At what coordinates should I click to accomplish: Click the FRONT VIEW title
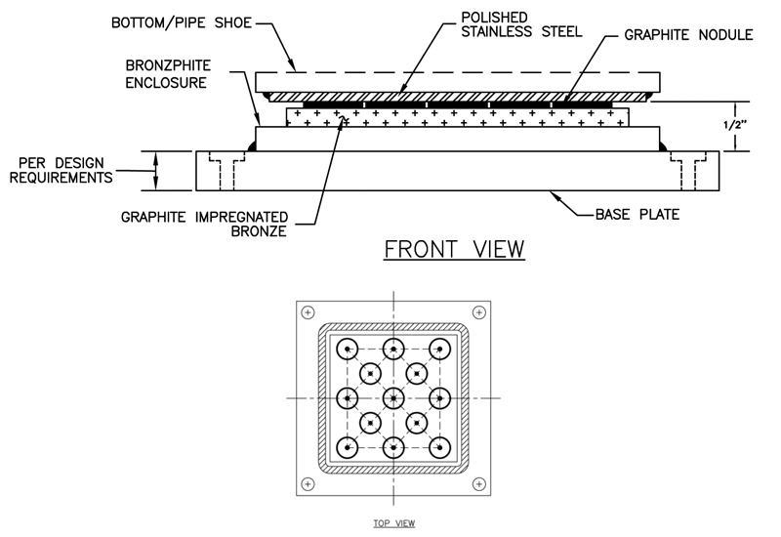pos(455,249)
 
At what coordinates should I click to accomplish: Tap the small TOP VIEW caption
pos(394,523)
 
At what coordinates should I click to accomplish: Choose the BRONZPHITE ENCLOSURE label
pos(165,74)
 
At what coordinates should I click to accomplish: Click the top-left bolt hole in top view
pos(308,311)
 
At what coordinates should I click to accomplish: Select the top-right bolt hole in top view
pos(478,311)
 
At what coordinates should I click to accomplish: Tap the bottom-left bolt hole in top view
pos(308,483)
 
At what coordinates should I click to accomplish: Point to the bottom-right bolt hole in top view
pos(478,483)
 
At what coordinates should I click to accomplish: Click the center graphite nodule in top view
pos(393,397)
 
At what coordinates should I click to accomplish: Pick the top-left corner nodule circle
pos(346,350)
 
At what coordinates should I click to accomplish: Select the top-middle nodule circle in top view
pos(393,350)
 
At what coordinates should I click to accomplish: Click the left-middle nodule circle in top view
pos(346,397)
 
